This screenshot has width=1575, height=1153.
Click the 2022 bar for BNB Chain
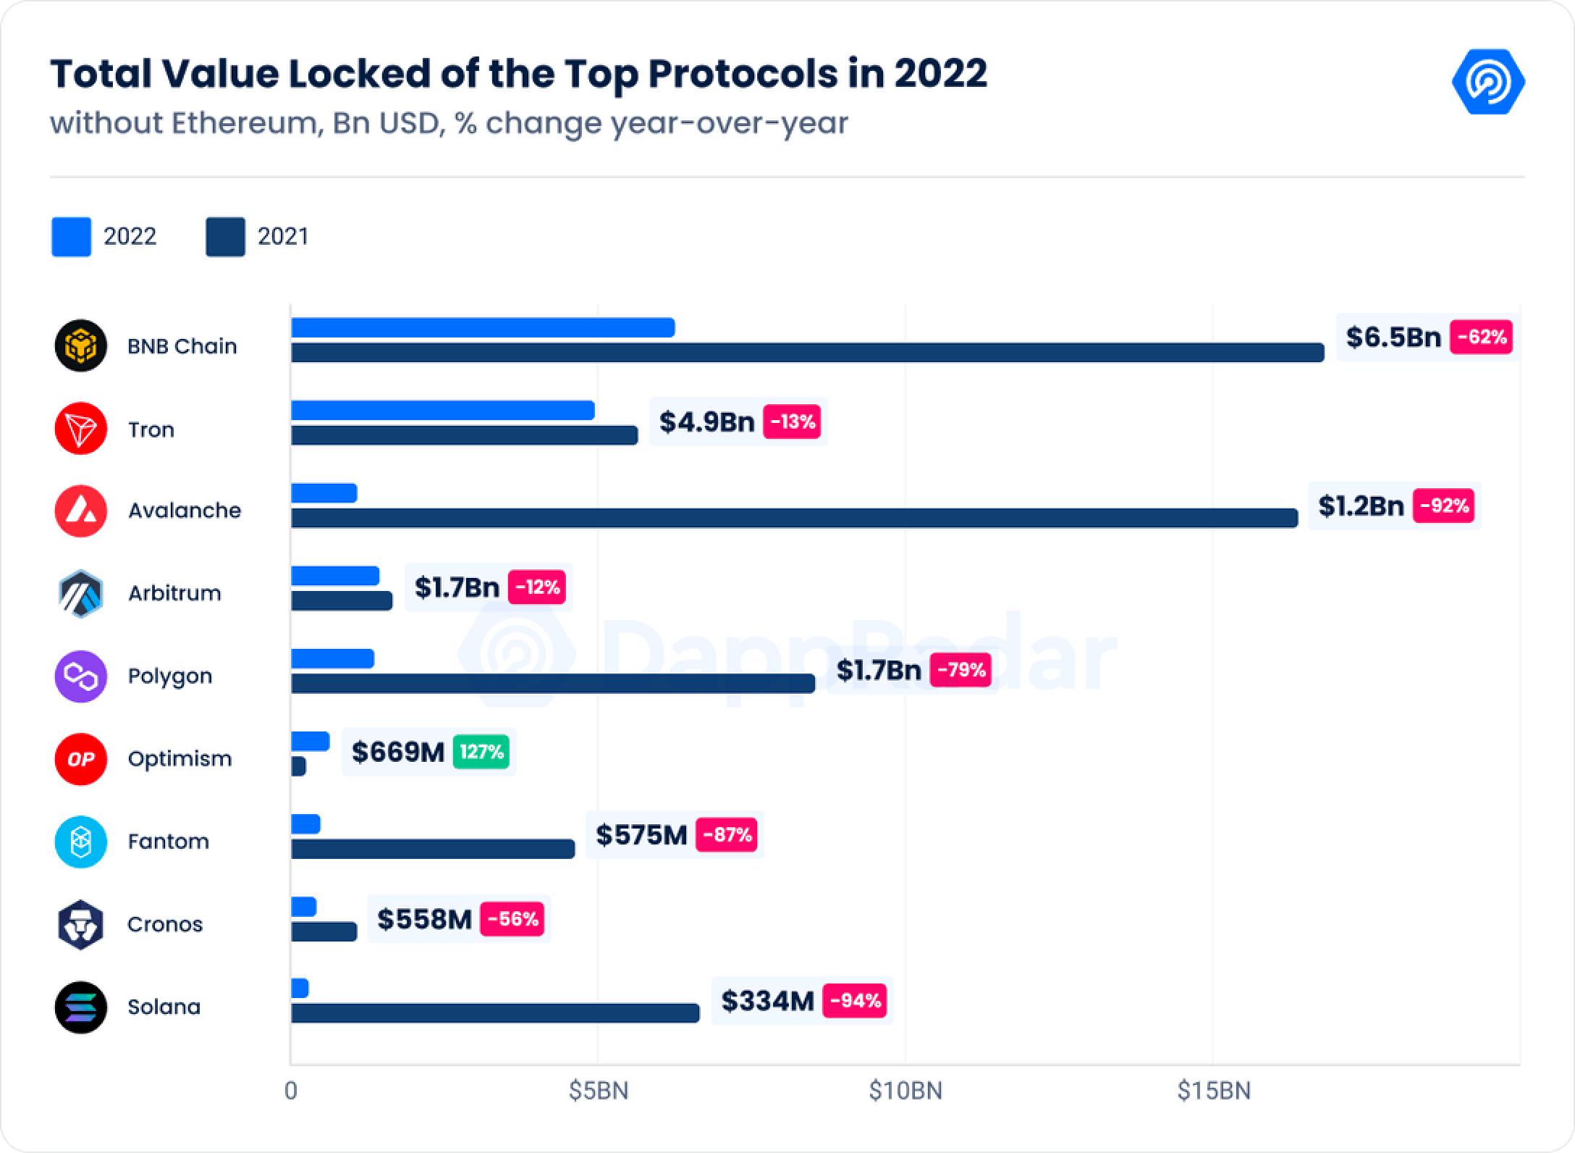(x=483, y=328)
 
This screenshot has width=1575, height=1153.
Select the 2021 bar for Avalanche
(x=794, y=518)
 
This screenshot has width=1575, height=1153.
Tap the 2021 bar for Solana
(x=495, y=1013)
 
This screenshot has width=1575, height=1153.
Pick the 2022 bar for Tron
(x=442, y=411)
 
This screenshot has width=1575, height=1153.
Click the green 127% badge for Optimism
(x=481, y=752)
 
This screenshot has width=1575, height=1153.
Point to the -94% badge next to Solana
(x=855, y=1001)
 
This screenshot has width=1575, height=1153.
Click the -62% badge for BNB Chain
(x=1481, y=337)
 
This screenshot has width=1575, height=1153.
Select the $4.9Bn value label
(x=706, y=422)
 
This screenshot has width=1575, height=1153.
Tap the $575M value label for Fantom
(x=641, y=835)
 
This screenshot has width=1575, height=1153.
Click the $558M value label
(x=424, y=919)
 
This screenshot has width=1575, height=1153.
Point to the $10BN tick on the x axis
(x=905, y=1091)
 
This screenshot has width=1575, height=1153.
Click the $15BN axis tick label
(x=1214, y=1091)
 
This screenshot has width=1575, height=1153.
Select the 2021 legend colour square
(x=225, y=237)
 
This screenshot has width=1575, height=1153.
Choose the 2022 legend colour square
(x=71, y=237)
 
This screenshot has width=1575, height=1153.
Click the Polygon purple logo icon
(x=81, y=676)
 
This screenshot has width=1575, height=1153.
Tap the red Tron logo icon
(x=81, y=429)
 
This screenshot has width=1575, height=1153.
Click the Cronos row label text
(x=165, y=925)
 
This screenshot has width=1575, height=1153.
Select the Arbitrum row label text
(x=174, y=593)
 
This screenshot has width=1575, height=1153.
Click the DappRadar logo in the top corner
(x=1488, y=82)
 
